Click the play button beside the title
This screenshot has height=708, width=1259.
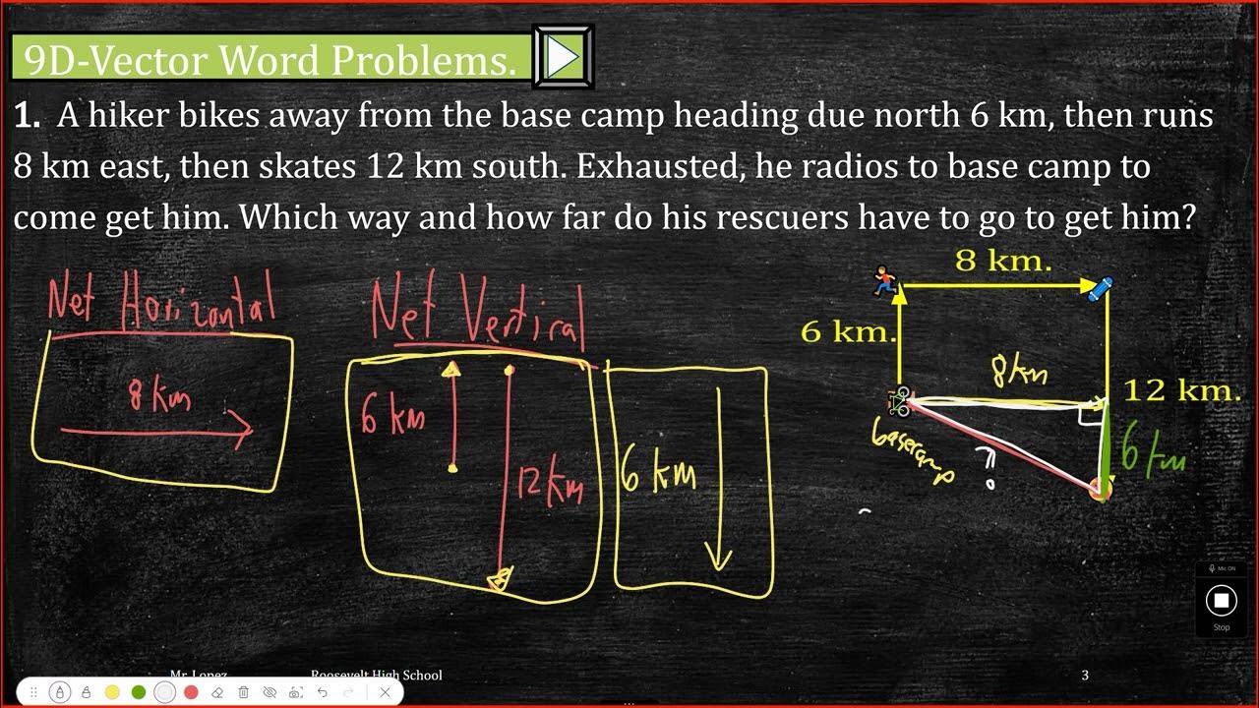click(563, 57)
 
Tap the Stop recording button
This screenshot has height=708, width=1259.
click(1221, 600)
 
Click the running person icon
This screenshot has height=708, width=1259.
click(886, 281)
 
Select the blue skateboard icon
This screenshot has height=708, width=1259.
click(1100, 288)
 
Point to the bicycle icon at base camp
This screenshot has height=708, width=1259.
click(900, 400)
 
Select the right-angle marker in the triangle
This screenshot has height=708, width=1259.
click(1088, 414)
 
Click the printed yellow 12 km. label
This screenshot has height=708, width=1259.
click(1181, 390)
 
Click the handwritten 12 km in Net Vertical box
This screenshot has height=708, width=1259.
click(551, 485)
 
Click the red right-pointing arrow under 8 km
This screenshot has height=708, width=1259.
click(157, 430)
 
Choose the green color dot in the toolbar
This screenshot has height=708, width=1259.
click(139, 692)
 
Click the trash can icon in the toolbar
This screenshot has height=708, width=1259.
click(244, 692)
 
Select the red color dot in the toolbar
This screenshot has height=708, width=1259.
click(191, 692)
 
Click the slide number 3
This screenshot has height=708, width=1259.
click(1085, 676)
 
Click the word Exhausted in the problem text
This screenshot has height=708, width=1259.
click(658, 166)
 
